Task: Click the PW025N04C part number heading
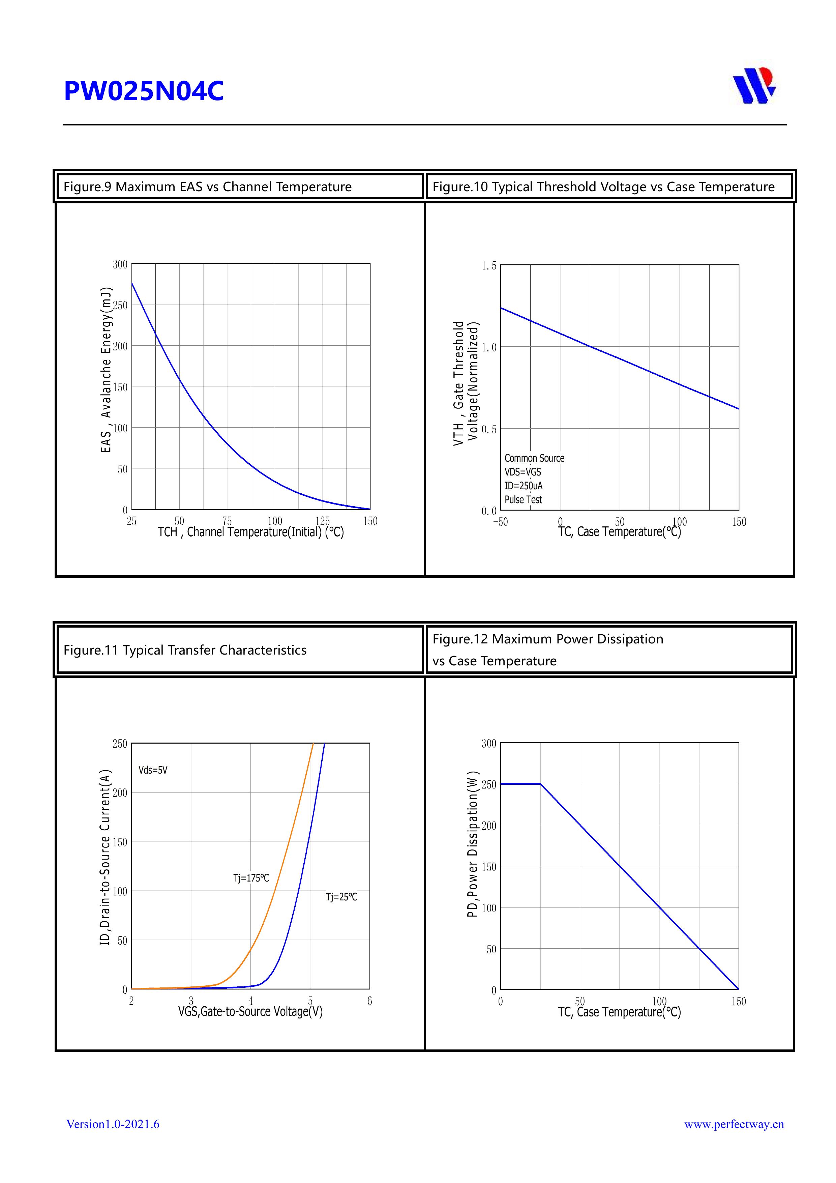[x=144, y=91]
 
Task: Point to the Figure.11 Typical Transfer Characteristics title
[x=185, y=650]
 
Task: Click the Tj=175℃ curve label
[x=251, y=878]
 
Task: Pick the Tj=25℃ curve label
[x=341, y=897]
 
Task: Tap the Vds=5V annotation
[x=153, y=770]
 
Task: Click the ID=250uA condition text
[x=523, y=486]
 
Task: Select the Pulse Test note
[x=523, y=500]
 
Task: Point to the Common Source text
[x=534, y=458]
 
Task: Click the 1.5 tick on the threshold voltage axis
[x=489, y=266]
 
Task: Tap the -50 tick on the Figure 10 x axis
[x=500, y=522]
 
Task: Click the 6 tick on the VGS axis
[x=369, y=1001]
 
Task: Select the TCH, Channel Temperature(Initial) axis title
[x=250, y=532]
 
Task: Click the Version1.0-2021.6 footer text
[x=113, y=1124]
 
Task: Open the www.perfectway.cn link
[x=734, y=1124]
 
